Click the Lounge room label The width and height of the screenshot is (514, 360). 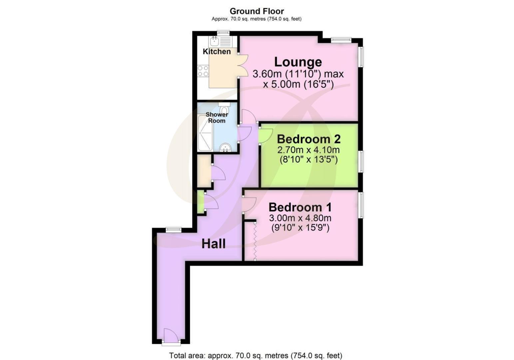tap(298, 62)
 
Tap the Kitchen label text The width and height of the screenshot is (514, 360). tap(217, 52)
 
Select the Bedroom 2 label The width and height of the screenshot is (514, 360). tap(308, 139)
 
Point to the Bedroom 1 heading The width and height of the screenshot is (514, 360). tap(300, 207)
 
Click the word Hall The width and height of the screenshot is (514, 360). tap(214, 244)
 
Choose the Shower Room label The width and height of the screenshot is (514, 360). tap(217, 118)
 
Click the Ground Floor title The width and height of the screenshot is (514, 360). tap(257, 11)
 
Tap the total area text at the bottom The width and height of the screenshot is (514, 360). tap(256, 355)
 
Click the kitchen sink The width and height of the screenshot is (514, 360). tap(214, 42)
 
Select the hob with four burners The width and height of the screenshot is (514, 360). tap(203, 71)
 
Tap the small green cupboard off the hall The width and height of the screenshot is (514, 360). tap(200, 202)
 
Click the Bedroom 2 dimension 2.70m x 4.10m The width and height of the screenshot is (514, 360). tap(308, 150)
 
